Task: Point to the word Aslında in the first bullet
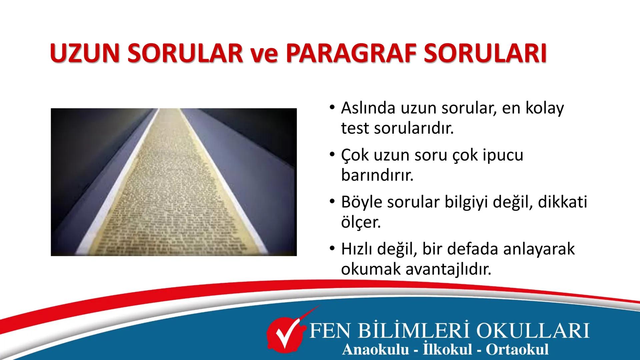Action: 368,108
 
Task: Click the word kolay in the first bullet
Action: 545,108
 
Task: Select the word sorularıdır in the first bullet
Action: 414,128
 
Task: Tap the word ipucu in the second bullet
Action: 503,155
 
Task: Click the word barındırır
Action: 377,175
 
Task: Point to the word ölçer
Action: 361,222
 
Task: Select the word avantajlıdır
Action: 448,269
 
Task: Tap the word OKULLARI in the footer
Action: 533,331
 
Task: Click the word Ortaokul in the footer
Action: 517,349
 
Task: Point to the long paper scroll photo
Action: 174,182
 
